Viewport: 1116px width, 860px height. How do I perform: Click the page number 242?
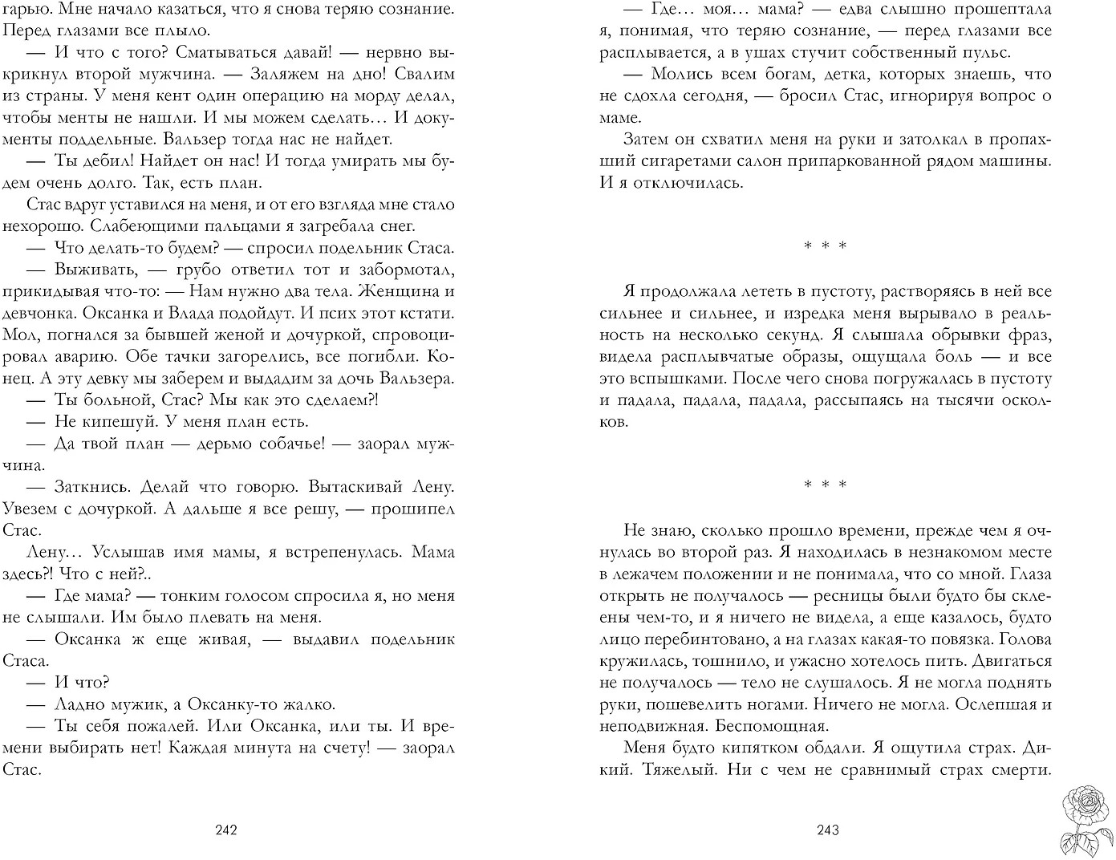[x=226, y=830]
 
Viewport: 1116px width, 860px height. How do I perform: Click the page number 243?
[x=826, y=830]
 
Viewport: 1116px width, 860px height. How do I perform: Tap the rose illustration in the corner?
[x=1084, y=818]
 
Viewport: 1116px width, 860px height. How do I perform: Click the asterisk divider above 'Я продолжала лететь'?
[x=826, y=246]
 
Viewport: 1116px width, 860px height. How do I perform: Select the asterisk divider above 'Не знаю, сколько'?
[x=826, y=485]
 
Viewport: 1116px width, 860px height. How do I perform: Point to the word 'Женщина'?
[x=406, y=291]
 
